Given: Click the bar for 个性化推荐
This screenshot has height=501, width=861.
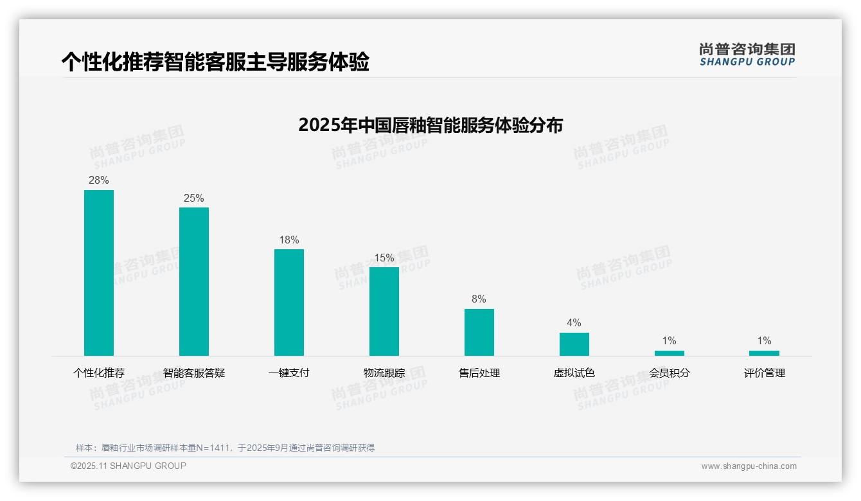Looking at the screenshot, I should (x=99, y=273).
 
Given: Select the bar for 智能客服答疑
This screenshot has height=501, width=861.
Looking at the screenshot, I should (x=194, y=281).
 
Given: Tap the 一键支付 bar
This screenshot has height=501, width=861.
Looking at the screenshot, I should (x=289, y=303).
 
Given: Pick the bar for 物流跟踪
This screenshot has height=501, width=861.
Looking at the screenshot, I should (x=384, y=312).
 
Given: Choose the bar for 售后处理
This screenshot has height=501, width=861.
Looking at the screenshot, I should (x=479, y=332).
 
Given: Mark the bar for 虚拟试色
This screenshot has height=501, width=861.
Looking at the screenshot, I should (x=574, y=344).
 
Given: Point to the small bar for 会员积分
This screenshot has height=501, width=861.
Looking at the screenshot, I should (x=670, y=353).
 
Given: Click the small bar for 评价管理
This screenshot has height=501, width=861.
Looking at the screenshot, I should (x=764, y=353).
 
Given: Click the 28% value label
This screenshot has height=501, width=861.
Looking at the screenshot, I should (x=99, y=180).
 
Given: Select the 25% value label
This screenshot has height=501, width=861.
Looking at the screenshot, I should (x=194, y=198).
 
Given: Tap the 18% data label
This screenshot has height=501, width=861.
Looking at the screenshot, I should (x=289, y=240).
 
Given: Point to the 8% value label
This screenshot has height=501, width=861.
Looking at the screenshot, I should (x=479, y=299).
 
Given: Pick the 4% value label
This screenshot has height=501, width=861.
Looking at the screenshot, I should (x=574, y=323).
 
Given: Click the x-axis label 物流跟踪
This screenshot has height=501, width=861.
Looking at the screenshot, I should (x=384, y=373).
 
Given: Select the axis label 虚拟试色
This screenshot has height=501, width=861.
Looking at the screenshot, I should (x=574, y=373).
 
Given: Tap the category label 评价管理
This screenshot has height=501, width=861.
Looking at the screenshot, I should (x=764, y=373).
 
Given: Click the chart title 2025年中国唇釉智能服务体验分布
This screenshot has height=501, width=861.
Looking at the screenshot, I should (x=430, y=125).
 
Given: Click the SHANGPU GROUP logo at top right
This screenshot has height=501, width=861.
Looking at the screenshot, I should (x=747, y=55).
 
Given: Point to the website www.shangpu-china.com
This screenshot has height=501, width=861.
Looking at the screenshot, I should (x=749, y=466).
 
